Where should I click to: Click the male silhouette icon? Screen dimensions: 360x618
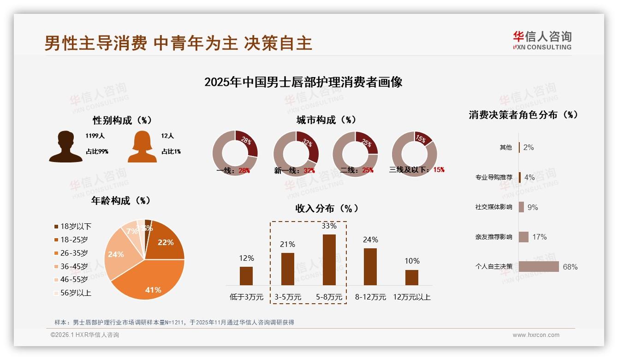[65, 146]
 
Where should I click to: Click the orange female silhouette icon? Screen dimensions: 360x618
[142, 147]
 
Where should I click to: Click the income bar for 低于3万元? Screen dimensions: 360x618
[246, 276]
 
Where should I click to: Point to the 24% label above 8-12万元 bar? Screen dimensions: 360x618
[370, 240]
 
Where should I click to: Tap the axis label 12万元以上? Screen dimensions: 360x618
[411, 297]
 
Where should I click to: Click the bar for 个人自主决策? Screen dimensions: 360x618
[539, 267]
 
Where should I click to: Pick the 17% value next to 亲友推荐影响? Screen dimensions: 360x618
[540, 237]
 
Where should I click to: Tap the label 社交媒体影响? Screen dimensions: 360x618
[493, 207]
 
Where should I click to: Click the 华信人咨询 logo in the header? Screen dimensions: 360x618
[542, 40]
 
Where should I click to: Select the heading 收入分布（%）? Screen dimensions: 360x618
[327, 208]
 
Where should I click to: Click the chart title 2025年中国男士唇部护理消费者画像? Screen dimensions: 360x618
[303, 82]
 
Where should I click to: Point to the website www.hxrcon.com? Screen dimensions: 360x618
[536, 335]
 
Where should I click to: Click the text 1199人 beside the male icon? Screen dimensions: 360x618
[95, 136]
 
